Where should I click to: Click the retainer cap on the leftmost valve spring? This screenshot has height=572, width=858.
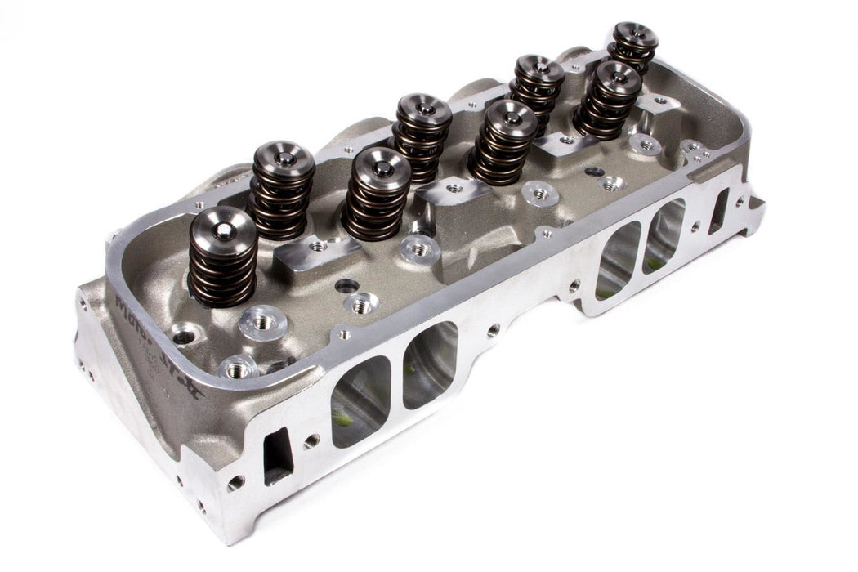[223, 228]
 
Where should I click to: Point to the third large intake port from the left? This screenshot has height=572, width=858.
[619, 259]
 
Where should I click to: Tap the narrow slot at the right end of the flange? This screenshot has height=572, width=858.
[719, 211]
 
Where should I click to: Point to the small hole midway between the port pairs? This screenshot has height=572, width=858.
[493, 331]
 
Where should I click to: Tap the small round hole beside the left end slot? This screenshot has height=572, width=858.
[310, 441]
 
